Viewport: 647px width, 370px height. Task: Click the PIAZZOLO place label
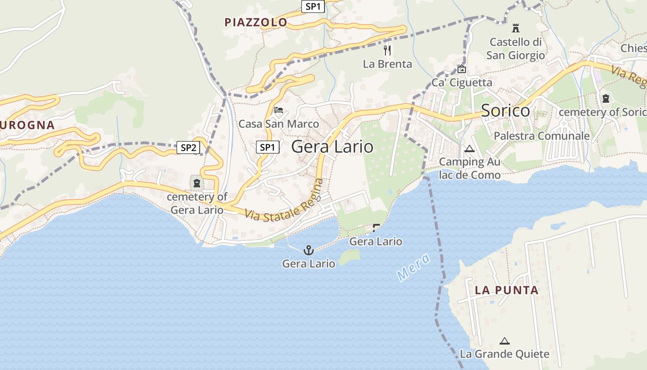[x=256, y=22]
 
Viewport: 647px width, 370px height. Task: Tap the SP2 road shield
[x=189, y=148]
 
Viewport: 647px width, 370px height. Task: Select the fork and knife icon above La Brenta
[x=387, y=49]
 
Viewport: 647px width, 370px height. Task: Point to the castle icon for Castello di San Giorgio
[x=516, y=28]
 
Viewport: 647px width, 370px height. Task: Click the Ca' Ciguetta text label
[x=462, y=83]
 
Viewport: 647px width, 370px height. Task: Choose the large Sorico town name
[x=505, y=111]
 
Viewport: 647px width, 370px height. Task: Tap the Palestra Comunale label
[x=542, y=136]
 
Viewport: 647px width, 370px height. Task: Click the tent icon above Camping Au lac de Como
[x=470, y=149]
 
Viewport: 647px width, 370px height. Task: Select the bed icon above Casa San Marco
[x=279, y=110]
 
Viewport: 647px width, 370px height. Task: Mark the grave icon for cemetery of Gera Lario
[x=197, y=183]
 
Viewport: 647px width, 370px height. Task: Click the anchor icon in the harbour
[x=308, y=251]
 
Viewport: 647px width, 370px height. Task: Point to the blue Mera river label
[x=413, y=267]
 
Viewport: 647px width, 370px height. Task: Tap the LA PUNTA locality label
[x=507, y=290]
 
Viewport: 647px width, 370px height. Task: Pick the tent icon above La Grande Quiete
[x=504, y=341]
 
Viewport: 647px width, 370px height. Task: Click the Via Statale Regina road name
[x=284, y=203]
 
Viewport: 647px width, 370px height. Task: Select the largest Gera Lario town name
[x=332, y=147]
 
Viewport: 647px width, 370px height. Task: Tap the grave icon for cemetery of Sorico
[x=605, y=98]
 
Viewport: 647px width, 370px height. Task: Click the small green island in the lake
[x=349, y=257]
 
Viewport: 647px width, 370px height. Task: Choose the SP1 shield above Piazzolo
[x=314, y=6]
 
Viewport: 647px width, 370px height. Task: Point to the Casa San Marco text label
[x=279, y=124]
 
